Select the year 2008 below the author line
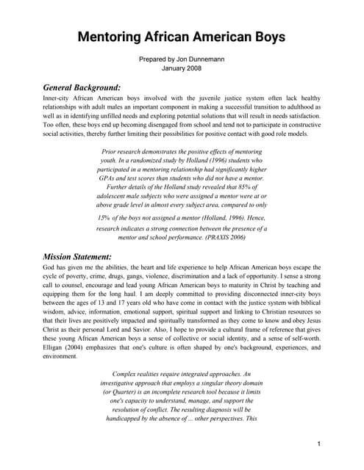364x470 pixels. coord(194,68)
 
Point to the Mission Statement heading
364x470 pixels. coord(77,256)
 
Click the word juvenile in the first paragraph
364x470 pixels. coord(193,97)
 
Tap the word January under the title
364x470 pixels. coord(171,68)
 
